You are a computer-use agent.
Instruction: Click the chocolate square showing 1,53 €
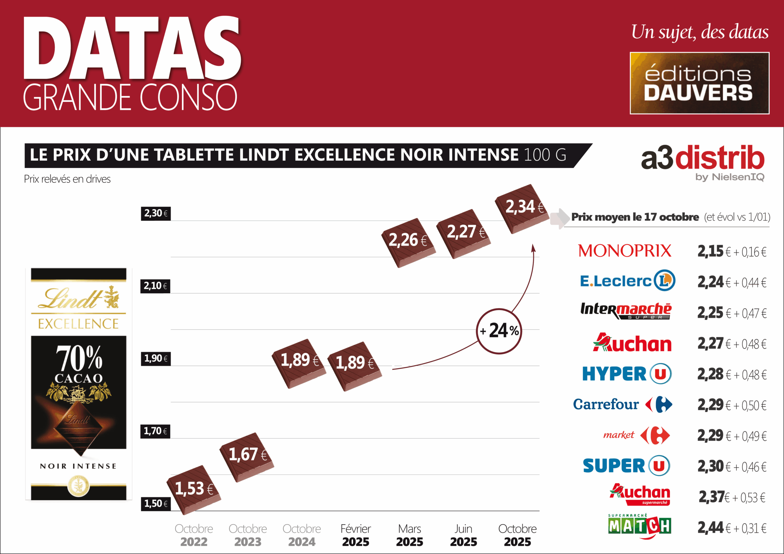(194, 489)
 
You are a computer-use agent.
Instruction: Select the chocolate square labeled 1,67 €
(247, 457)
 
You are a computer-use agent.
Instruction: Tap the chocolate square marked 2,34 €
(522, 208)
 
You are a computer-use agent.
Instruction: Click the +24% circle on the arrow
(499, 331)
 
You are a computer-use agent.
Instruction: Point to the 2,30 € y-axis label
(156, 214)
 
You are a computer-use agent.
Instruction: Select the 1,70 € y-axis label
(155, 432)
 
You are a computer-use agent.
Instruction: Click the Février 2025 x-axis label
(356, 535)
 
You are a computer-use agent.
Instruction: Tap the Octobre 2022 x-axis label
(194, 535)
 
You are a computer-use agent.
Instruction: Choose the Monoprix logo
(624, 251)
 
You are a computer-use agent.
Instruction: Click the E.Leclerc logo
(627, 281)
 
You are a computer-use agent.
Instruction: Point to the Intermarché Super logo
(626, 311)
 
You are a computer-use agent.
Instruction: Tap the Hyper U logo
(627, 374)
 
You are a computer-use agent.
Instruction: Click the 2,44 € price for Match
(710, 528)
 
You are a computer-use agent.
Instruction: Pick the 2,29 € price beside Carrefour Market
(710, 436)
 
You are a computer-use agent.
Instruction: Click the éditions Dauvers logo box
(699, 83)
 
